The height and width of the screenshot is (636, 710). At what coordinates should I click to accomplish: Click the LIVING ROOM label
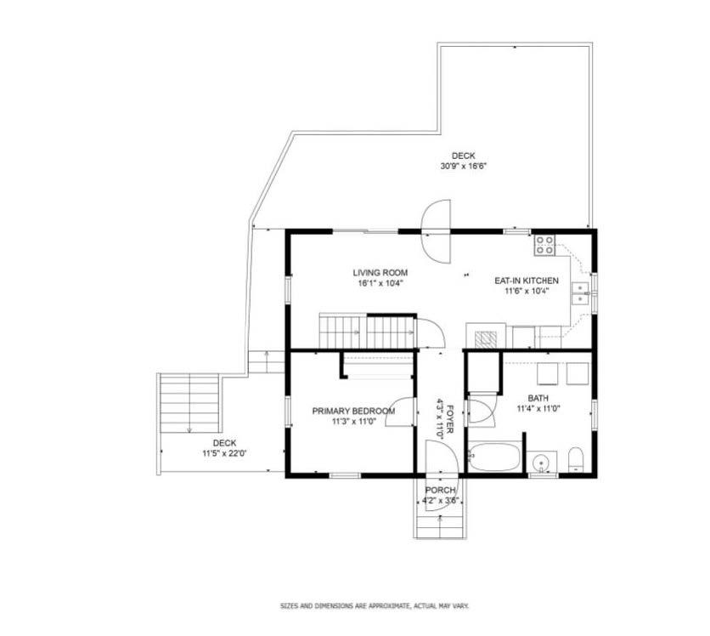[x=380, y=272]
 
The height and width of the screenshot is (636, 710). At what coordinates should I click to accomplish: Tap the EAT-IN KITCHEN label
[x=527, y=281]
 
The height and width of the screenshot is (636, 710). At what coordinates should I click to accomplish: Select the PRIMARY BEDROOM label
[x=353, y=412]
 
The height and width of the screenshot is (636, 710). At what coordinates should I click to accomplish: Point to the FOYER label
[x=449, y=418]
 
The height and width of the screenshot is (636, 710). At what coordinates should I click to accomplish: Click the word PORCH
[x=440, y=490]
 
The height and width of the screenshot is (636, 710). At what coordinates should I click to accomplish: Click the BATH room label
[x=538, y=398]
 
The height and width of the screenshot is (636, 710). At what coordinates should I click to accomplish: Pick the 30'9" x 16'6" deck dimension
[x=463, y=166]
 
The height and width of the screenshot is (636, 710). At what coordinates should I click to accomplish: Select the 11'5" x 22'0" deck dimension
[x=224, y=452]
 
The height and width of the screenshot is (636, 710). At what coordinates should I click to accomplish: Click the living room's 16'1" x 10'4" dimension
[x=380, y=283]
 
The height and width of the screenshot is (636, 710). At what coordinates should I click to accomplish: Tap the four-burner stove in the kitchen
[x=544, y=245]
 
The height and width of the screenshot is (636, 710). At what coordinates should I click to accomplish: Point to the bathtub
[x=494, y=457]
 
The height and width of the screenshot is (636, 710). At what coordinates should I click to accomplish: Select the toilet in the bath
[x=575, y=460]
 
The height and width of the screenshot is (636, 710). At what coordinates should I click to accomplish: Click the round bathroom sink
[x=540, y=463]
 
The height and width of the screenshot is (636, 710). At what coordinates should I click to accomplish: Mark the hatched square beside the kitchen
[x=485, y=339]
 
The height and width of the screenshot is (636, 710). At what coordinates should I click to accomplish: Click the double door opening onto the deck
[x=436, y=231]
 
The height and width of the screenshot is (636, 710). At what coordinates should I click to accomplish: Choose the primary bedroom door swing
[x=400, y=412]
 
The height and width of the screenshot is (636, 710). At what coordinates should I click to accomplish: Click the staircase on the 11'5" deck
[x=189, y=403]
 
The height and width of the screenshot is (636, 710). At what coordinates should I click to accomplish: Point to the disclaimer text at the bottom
[x=375, y=605]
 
